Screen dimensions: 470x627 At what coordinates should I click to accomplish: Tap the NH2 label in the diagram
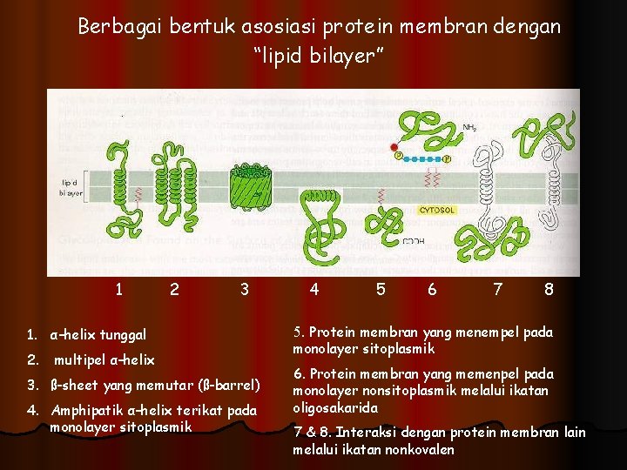[469, 128]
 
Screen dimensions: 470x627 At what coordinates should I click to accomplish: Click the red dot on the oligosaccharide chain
[394, 147]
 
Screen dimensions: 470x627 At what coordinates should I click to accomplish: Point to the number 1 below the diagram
[118, 289]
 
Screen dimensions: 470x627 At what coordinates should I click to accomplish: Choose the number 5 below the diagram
[381, 289]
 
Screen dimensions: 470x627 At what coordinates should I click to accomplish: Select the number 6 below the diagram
[432, 289]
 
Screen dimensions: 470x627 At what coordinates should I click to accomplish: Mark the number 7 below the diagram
[497, 289]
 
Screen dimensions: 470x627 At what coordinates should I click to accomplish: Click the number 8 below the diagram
[549, 289]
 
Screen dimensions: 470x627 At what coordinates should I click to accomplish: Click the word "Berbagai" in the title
[115, 27]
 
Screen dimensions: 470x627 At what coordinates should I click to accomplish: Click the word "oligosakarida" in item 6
[335, 407]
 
